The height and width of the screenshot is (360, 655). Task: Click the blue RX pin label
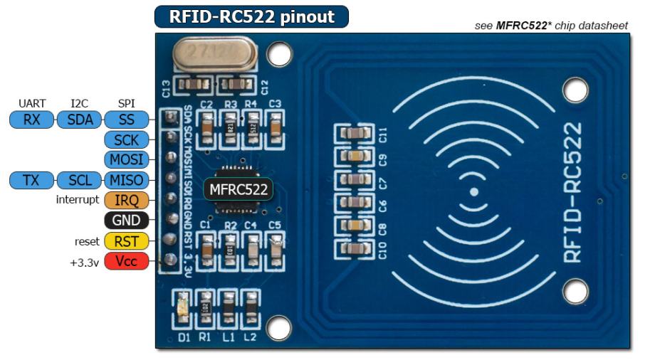point(31,120)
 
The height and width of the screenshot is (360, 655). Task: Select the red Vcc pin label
point(127,261)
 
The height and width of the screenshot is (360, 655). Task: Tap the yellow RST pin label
point(127,241)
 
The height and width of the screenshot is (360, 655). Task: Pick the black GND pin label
point(127,221)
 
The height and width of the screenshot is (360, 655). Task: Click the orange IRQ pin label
point(127,201)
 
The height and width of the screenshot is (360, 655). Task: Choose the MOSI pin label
point(127,159)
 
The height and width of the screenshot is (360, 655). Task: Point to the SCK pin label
point(127,139)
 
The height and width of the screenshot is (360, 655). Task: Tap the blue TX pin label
point(31,181)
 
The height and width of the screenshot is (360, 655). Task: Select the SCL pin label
point(78,181)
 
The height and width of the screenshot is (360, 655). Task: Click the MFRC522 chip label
point(239,190)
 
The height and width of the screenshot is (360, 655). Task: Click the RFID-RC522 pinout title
point(251,17)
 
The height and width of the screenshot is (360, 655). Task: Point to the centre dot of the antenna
point(474,192)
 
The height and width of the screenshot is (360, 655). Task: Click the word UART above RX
point(32,104)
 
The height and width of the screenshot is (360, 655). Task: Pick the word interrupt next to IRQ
point(77,200)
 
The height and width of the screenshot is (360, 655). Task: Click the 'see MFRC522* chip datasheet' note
point(551,26)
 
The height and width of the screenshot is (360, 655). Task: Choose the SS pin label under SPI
point(127,120)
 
